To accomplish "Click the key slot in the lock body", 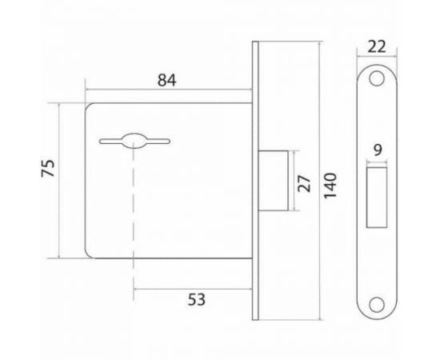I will [133, 142].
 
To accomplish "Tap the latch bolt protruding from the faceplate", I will [276, 180].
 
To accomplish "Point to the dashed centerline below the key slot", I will [133, 216].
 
